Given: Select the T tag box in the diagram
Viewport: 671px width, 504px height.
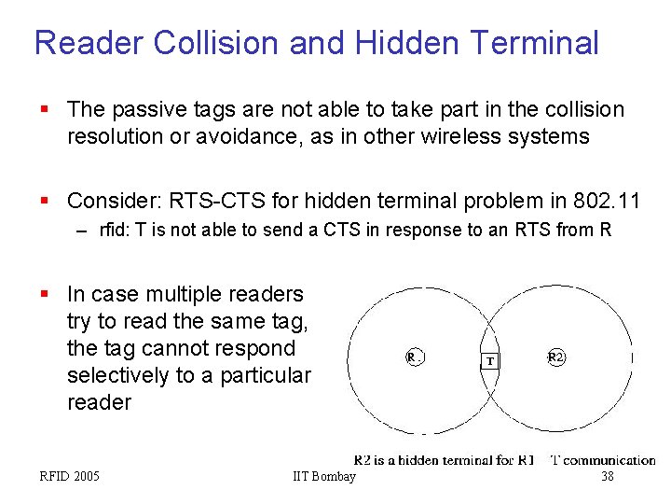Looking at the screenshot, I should pyautogui.click(x=490, y=361).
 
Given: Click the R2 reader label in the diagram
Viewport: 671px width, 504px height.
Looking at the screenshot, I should pyautogui.click(x=555, y=357).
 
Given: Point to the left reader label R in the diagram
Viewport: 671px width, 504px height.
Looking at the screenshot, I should pyautogui.click(x=412, y=357).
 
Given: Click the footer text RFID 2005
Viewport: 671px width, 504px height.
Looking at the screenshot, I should pyautogui.click(x=69, y=477).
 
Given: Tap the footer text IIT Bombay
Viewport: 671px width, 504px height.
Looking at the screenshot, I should pyautogui.click(x=324, y=477).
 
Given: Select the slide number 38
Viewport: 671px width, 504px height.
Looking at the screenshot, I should pyautogui.click(x=608, y=477).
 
